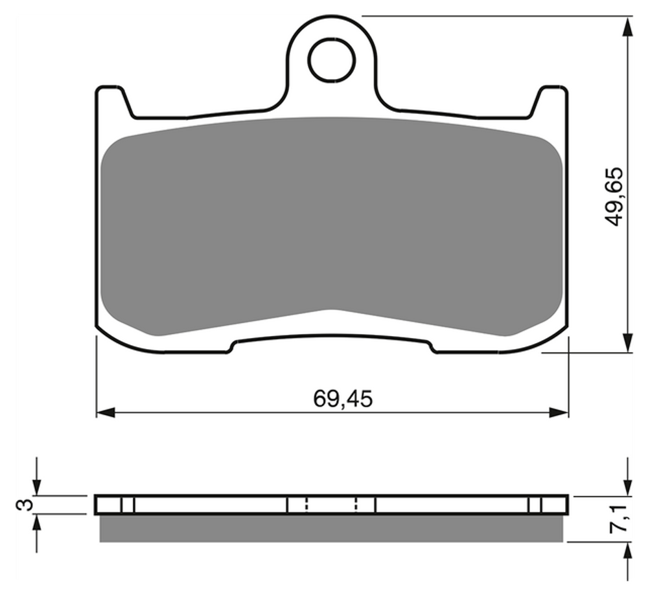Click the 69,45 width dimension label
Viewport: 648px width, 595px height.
pos(343,398)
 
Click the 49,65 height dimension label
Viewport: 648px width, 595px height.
pos(613,197)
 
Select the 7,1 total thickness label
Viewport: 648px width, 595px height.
pos(619,519)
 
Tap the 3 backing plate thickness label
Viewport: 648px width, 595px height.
pos(24,504)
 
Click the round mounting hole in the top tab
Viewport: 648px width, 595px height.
pos(331,60)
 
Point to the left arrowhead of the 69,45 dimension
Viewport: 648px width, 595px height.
pos(106,412)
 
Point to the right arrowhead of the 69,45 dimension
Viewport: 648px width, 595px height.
pos(559,412)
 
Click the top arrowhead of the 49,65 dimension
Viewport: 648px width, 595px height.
pos(628,26)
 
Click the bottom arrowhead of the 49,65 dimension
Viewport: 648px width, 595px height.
pos(628,342)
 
